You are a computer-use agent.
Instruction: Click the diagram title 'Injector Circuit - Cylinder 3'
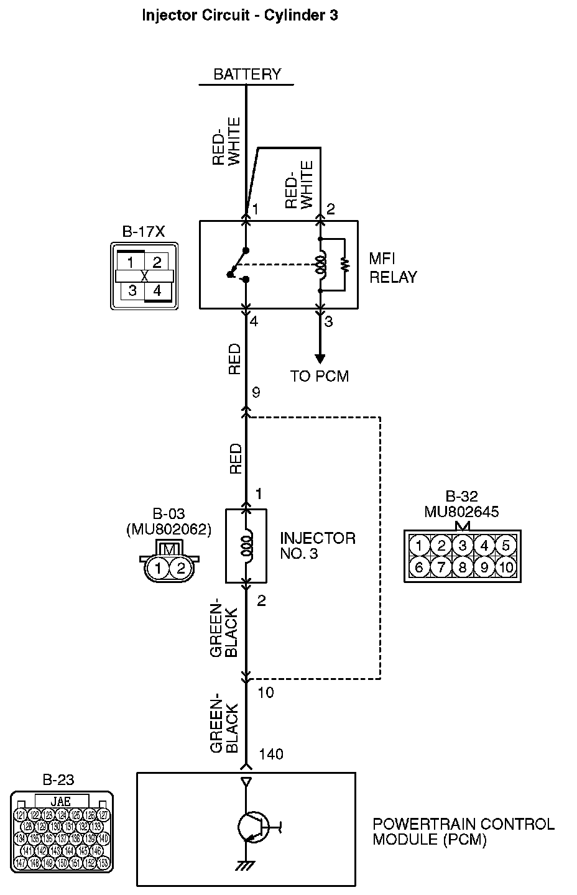point(240,16)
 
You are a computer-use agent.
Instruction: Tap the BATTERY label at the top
point(247,75)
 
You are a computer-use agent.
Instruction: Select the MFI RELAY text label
point(393,268)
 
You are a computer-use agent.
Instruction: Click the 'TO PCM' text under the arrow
point(320,376)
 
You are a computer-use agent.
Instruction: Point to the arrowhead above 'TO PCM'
point(320,359)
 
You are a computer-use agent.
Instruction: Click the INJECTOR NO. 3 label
point(318,545)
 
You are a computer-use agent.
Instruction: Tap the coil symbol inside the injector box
point(247,546)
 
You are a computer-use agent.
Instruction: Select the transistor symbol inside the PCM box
point(252,827)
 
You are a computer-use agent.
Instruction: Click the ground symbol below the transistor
point(247,865)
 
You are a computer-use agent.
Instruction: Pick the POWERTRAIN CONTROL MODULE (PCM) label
point(463,832)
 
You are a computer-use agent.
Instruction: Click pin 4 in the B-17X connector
point(157,290)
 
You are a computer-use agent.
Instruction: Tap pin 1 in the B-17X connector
point(131,262)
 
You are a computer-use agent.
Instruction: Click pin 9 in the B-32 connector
point(484,567)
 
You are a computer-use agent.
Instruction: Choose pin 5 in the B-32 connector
point(505,546)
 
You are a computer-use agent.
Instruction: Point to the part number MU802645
point(461,512)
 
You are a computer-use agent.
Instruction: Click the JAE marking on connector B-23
point(61,801)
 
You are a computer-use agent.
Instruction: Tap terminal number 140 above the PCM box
point(271,754)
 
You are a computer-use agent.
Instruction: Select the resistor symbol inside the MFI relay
point(344,264)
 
